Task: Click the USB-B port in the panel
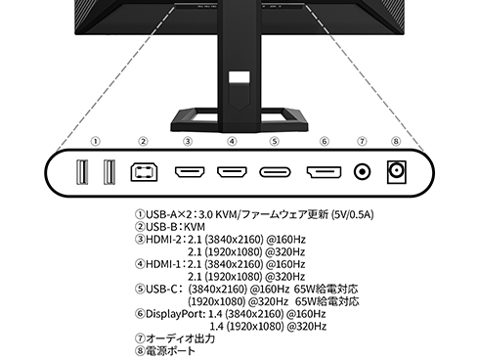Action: tap(143, 172)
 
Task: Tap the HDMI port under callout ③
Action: tap(188, 172)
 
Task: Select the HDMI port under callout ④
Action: tap(232, 172)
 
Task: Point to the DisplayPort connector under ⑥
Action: tap(323, 172)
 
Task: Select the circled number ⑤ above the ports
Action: tap(275, 140)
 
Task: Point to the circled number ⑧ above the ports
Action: tap(397, 140)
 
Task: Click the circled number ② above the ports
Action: tap(143, 140)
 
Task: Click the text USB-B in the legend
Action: tap(161, 225)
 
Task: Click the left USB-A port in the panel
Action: tap(84, 172)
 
